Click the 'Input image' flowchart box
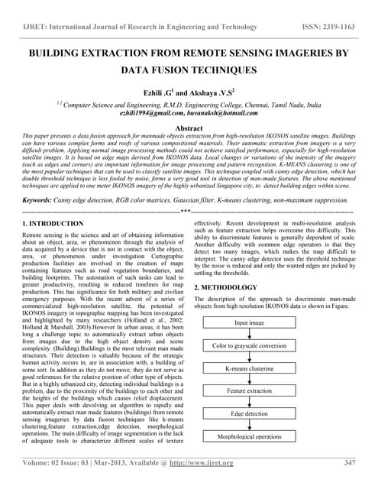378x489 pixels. pyautogui.click(x=270, y=323)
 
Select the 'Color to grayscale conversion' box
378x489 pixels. pyautogui.click(x=270, y=346)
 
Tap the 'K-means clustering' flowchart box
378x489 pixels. pyautogui.click(x=270, y=368)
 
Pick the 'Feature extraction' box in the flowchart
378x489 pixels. pyautogui.click(x=270, y=391)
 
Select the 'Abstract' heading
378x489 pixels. pyautogui.click(x=189, y=128)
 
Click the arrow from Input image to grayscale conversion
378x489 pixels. pyautogui.click(x=270, y=335)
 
